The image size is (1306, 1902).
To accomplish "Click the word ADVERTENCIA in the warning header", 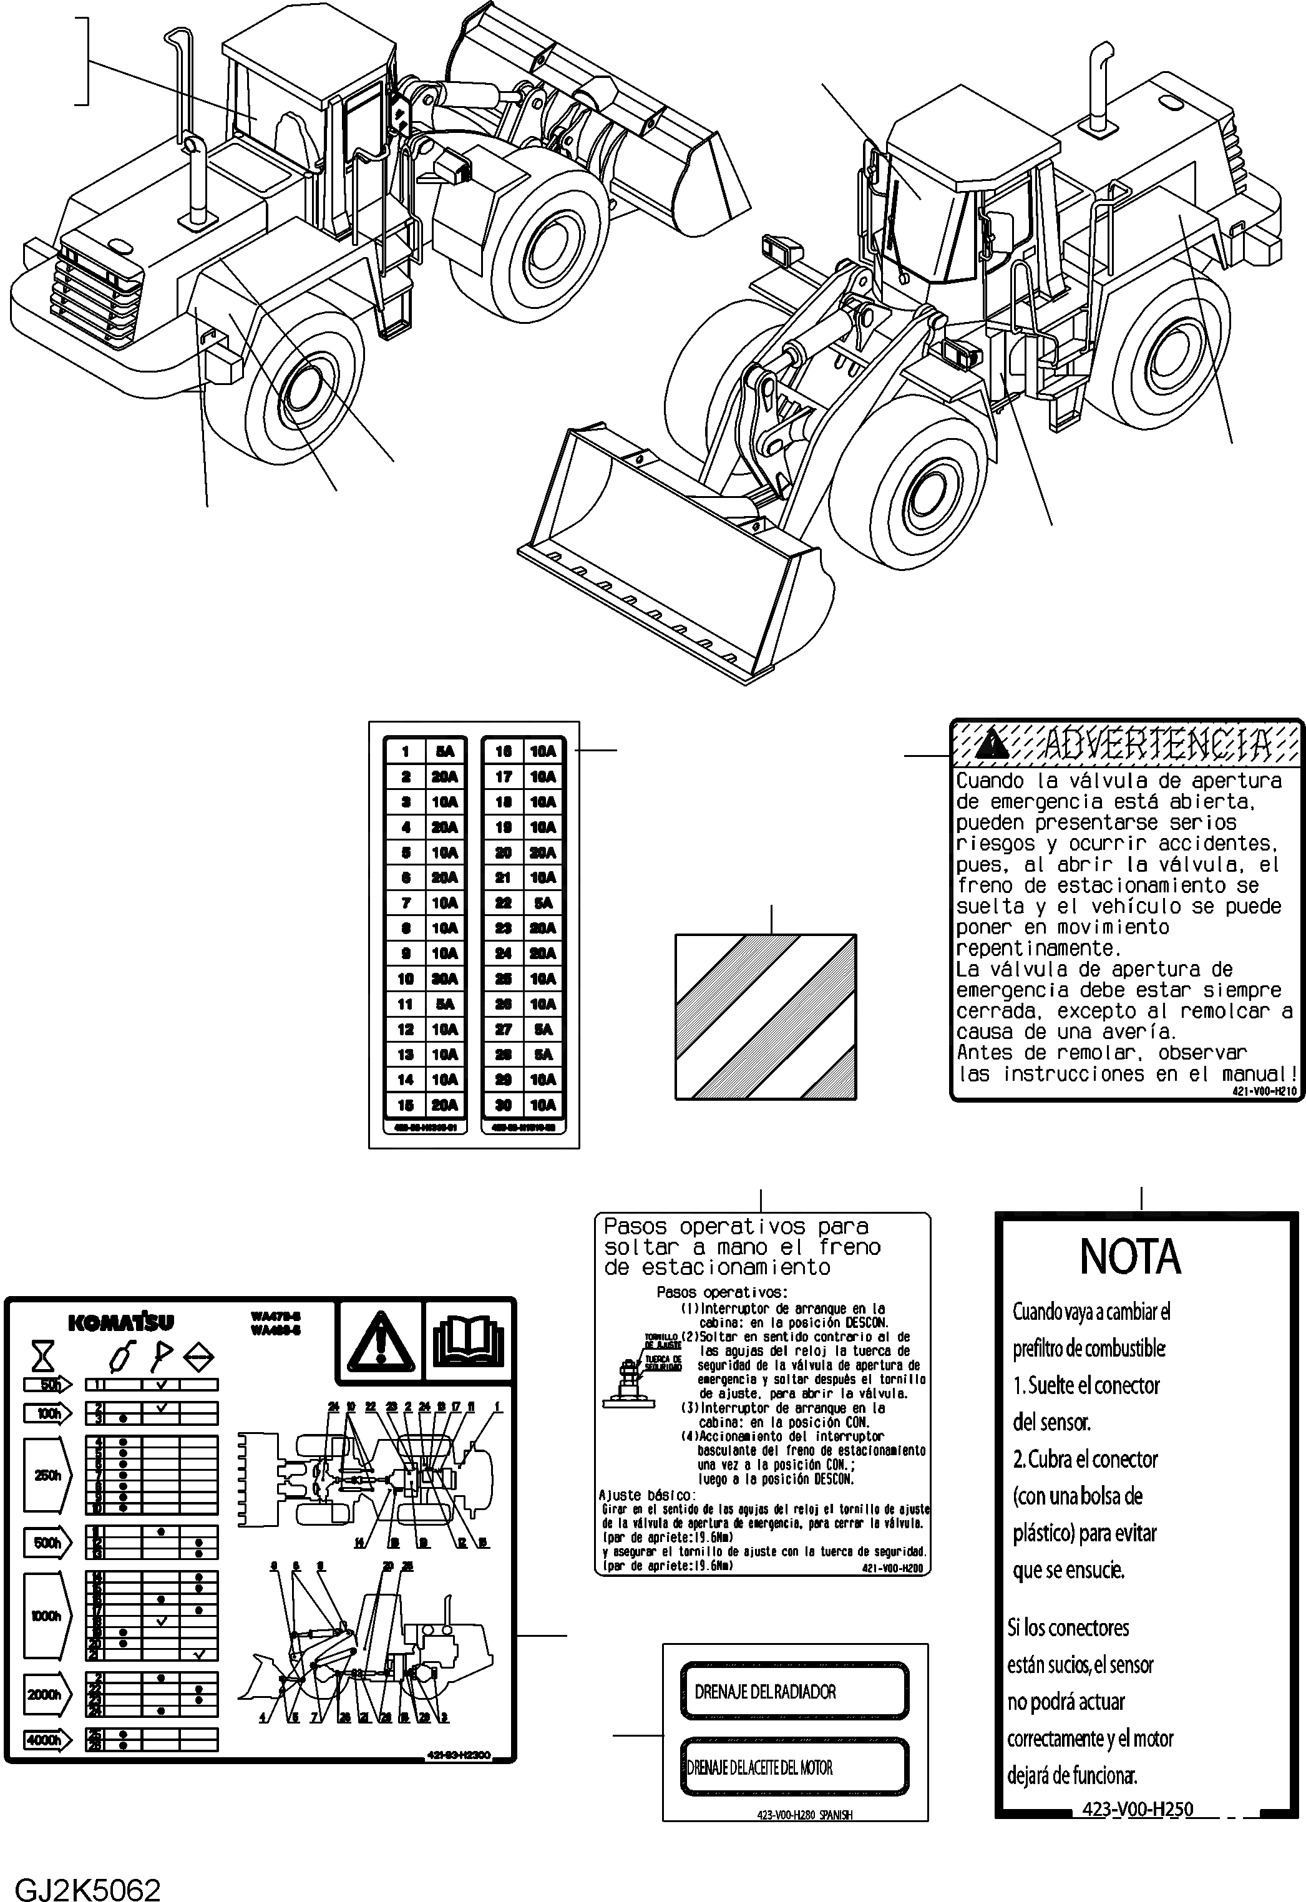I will pyautogui.click(x=1156, y=744).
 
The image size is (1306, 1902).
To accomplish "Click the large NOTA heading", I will pyautogui.click(x=1130, y=1259).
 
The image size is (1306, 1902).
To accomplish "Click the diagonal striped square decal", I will pyautogui.click(x=765, y=1017).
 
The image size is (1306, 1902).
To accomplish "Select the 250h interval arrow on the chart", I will pyautogui.click(x=48, y=1475).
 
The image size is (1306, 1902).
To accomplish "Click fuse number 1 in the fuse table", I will pyautogui.click(x=405, y=751).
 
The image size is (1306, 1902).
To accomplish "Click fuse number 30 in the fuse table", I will pyautogui.click(x=504, y=1105).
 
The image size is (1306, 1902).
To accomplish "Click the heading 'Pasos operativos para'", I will pyautogui.click(x=736, y=1227).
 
